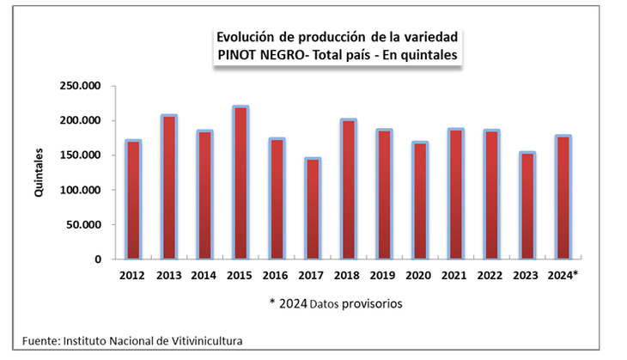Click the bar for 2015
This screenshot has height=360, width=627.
(240, 182)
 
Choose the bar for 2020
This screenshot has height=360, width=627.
(419, 200)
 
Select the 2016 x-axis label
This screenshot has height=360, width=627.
(277, 277)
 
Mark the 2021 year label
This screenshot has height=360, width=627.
(454, 277)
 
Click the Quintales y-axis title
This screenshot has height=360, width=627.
(39, 174)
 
